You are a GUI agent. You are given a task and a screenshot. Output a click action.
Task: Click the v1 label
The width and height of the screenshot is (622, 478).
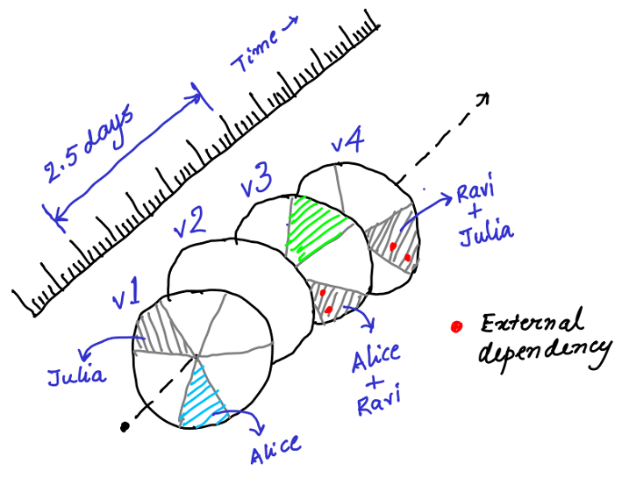coord(127,291)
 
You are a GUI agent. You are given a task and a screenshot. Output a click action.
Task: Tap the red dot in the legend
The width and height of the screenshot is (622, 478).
coord(455,327)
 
